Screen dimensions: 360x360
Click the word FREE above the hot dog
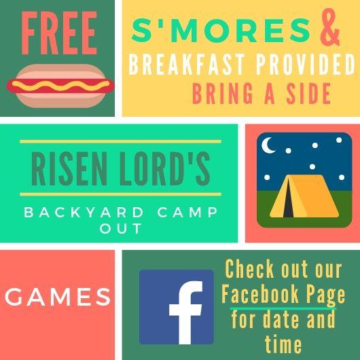point(59,33)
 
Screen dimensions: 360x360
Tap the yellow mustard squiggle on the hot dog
point(60,86)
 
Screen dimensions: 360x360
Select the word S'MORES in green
point(221,31)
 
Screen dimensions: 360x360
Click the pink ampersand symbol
point(330,27)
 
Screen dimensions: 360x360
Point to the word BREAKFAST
point(186,64)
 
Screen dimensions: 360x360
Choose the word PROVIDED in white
point(306,64)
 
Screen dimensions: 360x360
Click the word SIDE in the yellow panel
point(308,94)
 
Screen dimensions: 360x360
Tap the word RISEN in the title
point(69,168)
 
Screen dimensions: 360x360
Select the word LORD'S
point(164,168)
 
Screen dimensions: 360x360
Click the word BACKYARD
point(84,213)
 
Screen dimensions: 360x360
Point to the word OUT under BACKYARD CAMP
point(121,228)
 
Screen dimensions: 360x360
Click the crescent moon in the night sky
point(268,145)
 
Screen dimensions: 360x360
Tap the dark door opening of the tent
point(288,199)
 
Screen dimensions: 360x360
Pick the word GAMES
point(58,297)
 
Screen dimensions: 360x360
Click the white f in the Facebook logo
point(186,312)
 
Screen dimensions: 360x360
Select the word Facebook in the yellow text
point(260,295)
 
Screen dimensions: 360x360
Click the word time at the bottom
point(283,344)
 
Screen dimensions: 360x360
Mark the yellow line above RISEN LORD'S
point(120,141)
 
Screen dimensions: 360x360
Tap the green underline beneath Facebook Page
point(283,308)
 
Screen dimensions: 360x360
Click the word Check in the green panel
point(249,269)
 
